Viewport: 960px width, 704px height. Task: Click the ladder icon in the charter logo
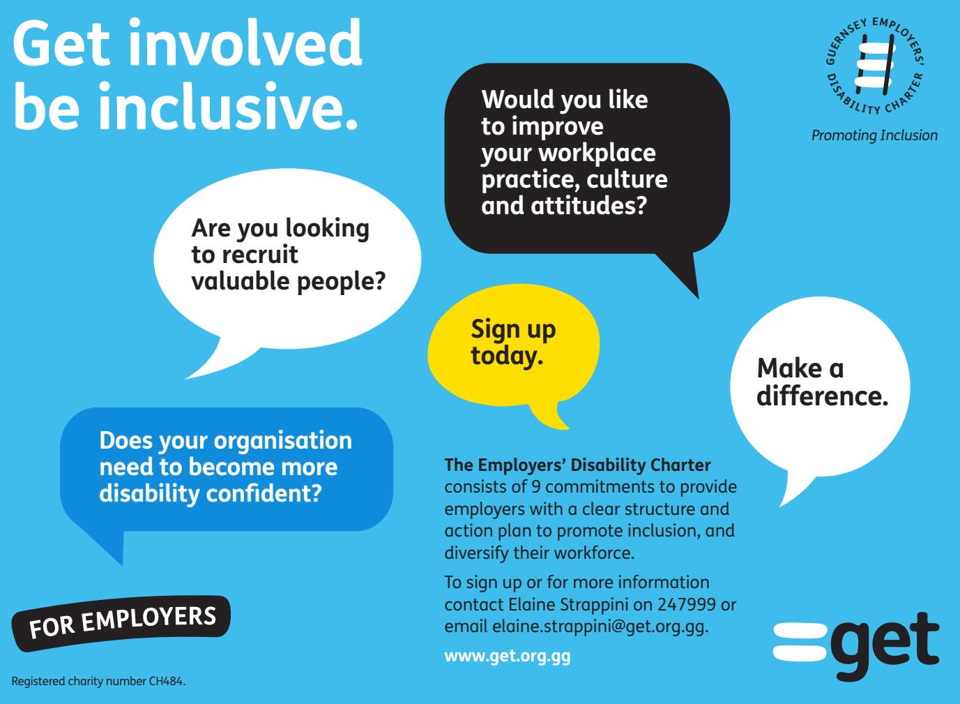click(x=875, y=65)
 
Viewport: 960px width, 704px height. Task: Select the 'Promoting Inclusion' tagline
click(x=874, y=135)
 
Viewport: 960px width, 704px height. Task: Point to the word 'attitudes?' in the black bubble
click(x=588, y=206)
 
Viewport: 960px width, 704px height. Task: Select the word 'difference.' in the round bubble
click(x=822, y=395)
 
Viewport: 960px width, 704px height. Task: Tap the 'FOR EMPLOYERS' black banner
click(x=121, y=622)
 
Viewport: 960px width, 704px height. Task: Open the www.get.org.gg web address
click(x=508, y=657)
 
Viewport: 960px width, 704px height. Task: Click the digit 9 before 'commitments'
click(x=535, y=487)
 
